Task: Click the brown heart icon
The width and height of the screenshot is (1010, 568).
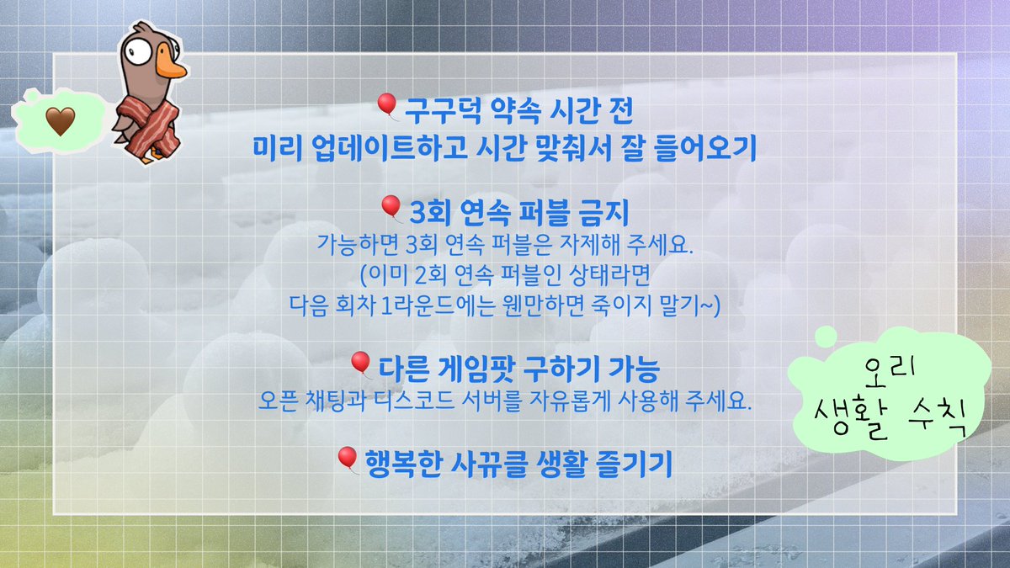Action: click(60, 123)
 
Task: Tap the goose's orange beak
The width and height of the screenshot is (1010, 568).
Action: click(171, 67)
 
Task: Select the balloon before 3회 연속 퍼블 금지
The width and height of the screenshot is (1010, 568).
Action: click(390, 206)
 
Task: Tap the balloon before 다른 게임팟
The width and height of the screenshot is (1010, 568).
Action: click(360, 364)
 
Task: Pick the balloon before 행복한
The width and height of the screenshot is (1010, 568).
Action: click(347, 458)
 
